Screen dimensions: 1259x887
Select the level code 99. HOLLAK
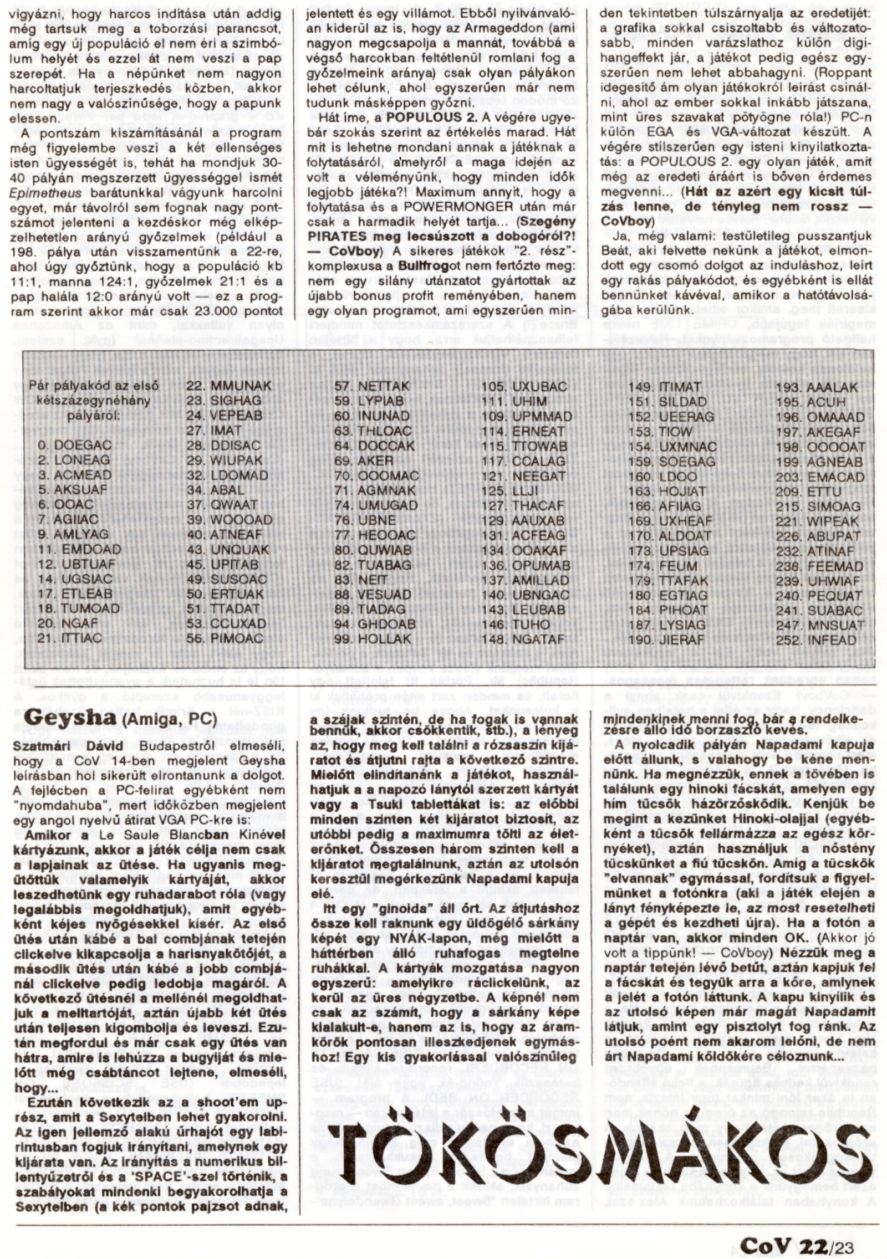point(376,638)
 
